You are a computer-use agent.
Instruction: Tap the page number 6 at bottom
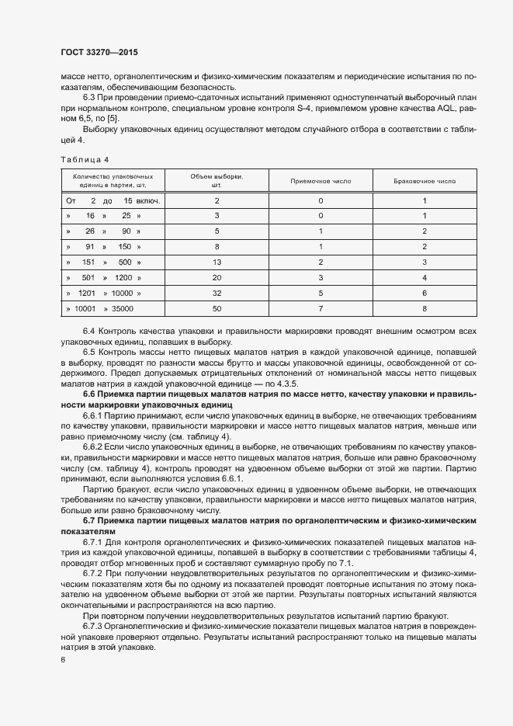click(63, 659)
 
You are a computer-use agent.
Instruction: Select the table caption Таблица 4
click(85, 159)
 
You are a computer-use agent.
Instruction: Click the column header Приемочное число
click(321, 181)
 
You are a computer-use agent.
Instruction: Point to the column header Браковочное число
click(425, 181)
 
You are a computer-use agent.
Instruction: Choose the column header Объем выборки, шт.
click(217, 181)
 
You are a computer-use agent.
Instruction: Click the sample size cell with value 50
click(217, 308)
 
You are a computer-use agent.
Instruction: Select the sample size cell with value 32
click(217, 293)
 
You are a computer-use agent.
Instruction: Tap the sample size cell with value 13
click(217, 262)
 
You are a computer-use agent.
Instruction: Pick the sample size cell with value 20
click(217, 277)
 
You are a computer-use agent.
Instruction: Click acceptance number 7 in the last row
click(321, 308)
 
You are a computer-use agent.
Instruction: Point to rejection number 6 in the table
click(425, 293)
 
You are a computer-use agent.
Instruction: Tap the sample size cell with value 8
click(217, 246)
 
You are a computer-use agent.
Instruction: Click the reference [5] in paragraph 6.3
click(113, 117)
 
